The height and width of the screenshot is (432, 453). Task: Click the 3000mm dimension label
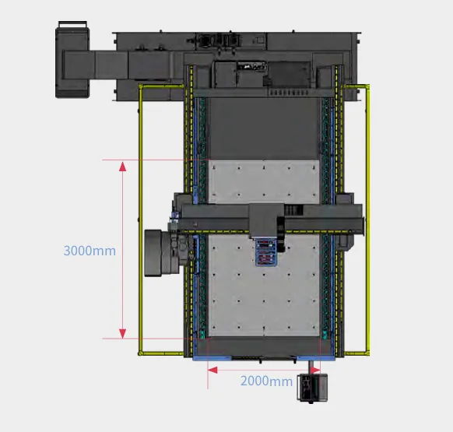coord(90,251)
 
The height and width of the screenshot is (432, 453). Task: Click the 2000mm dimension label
coord(266,381)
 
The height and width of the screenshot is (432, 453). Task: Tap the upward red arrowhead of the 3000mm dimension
coord(122,166)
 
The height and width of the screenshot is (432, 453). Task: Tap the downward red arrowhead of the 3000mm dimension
coord(122,333)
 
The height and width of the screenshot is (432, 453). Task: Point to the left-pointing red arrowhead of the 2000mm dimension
coord(212,371)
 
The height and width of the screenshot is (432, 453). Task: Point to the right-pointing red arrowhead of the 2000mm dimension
coord(315,371)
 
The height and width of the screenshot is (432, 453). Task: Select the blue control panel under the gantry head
coord(265,252)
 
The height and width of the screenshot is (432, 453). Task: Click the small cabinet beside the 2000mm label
coord(312,388)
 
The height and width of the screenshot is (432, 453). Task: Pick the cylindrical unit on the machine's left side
coord(157,253)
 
